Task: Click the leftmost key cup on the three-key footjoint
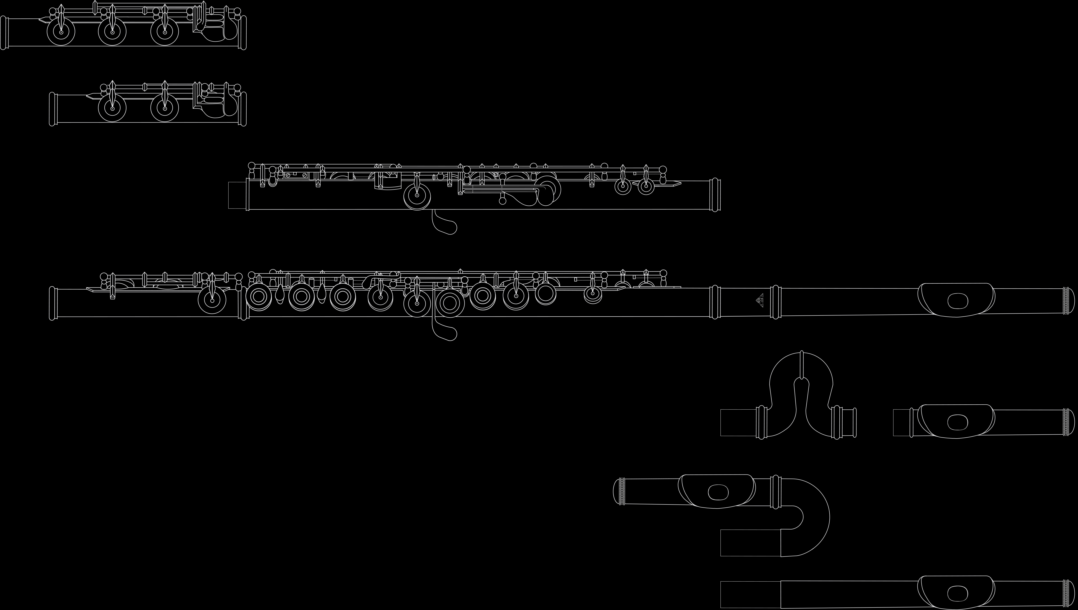61,32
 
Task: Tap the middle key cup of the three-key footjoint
112,32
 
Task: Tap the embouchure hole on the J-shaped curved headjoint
718,492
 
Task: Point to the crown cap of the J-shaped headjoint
619,492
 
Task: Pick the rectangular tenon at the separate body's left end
237,195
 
